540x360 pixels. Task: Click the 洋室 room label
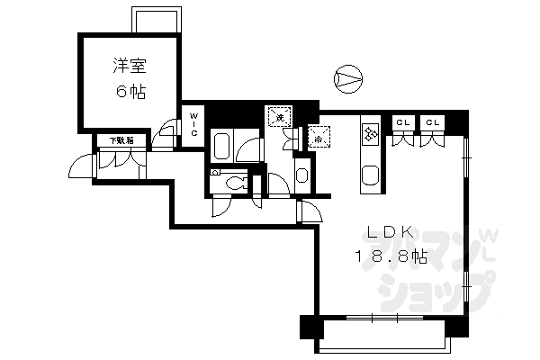pyautogui.click(x=130, y=67)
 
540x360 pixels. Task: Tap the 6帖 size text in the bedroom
pyautogui.click(x=130, y=93)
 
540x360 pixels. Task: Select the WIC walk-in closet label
pyautogui.click(x=193, y=124)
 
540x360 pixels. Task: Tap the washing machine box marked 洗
pyautogui.click(x=280, y=116)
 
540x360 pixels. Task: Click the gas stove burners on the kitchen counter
pyautogui.click(x=370, y=135)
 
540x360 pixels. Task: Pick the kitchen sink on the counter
pyautogui.click(x=369, y=175)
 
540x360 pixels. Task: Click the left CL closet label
pyautogui.click(x=402, y=122)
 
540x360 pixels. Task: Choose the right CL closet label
pyautogui.click(x=433, y=122)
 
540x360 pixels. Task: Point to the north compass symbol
pyautogui.click(x=346, y=78)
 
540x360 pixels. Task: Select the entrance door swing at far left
pyautogui.click(x=83, y=167)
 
